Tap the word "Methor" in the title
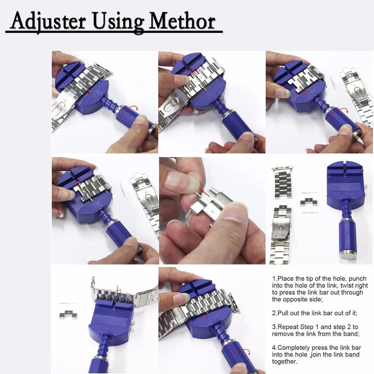(182, 21)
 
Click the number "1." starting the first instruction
(275, 279)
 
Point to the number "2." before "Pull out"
(275, 313)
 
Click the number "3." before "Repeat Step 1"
(275, 327)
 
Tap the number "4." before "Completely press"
(275, 348)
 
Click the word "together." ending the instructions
(285, 362)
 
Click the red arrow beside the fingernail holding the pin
(206, 193)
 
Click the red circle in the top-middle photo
(191, 71)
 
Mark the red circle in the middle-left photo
(78, 182)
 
